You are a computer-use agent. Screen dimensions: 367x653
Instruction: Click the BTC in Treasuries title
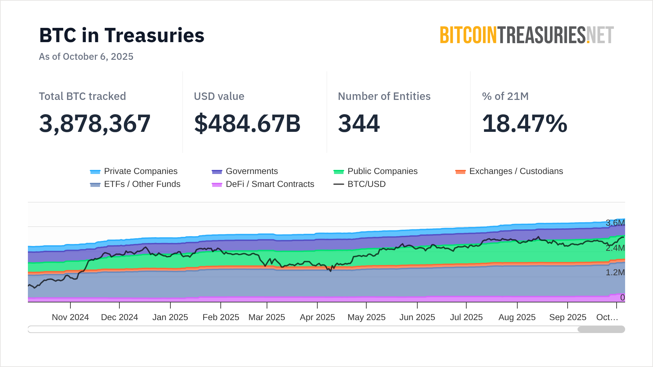(x=122, y=35)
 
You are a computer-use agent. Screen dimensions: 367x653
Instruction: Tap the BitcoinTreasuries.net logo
(x=526, y=35)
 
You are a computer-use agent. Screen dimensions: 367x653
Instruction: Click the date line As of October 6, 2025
(x=86, y=56)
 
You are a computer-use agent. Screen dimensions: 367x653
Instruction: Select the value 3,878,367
(x=95, y=123)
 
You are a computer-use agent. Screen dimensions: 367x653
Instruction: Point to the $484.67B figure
(x=247, y=123)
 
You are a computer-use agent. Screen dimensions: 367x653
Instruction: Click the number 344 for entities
(x=359, y=123)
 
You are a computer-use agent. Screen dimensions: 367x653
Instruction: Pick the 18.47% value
(x=524, y=123)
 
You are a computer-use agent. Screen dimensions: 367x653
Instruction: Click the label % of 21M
(x=505, y=96)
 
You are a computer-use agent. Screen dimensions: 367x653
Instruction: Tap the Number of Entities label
(x=384, y=96)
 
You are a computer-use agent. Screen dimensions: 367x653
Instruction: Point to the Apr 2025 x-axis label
(x=317, y=317)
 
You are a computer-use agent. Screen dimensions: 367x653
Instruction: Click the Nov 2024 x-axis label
(x=70, y=317)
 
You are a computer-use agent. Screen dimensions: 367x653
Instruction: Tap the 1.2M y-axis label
(x=615, y=273)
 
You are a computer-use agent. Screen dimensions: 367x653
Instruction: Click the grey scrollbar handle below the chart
(x=601, y=329)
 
